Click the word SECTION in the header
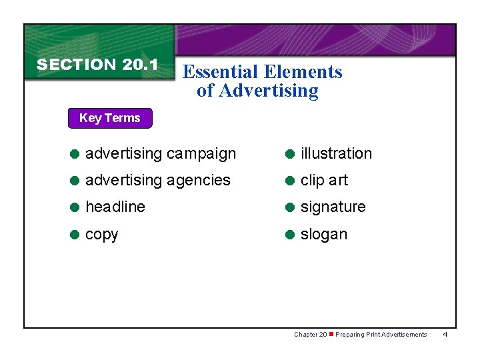77,65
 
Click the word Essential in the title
223,72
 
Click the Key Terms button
110,118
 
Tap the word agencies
198,181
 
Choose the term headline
115,207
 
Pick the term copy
102,235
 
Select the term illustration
336,153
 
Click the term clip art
324,181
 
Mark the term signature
333,207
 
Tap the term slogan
323,235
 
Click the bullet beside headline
75,207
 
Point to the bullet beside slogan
291,235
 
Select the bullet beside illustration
291,153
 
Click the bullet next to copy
75,235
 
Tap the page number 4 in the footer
445,334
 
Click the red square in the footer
331,334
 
